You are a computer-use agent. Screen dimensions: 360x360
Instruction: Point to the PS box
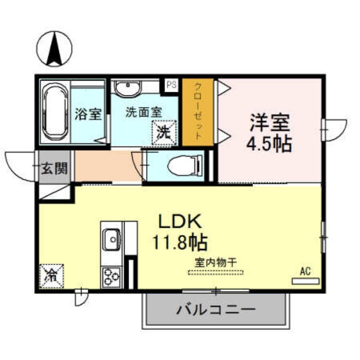click(171, 84)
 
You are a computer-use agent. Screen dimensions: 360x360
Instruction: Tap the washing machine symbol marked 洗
click(165, 132)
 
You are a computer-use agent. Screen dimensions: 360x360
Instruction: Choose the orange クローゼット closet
click(198, 112)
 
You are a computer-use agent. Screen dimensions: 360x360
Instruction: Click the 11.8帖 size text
click(179, 243)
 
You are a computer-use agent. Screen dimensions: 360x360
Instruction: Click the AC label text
click(306, 271)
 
